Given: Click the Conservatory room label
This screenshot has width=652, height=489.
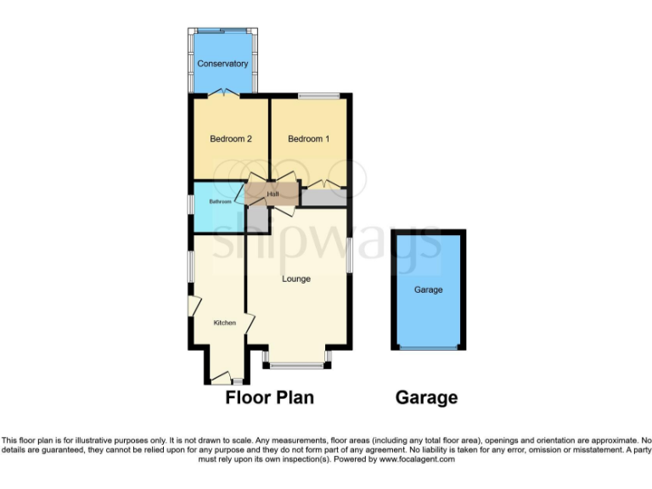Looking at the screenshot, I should pos(222,64).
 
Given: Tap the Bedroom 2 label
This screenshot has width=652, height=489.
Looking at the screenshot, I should pos(231,139).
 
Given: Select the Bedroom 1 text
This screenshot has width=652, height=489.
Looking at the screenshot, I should pos(308,139).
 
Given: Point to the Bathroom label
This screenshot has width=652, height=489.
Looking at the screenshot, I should pos(221,202).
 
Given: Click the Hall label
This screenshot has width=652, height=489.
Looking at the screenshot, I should pos(273,194).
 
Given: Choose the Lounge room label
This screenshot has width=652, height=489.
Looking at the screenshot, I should pos(296,278).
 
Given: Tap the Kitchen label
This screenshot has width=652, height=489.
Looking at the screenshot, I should pos(224,323).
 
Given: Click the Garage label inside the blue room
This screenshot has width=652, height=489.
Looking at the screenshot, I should pos(428,289).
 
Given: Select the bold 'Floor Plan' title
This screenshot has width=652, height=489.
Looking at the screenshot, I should pos(269,397).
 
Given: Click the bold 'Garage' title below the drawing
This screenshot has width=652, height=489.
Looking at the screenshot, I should pos(426,397).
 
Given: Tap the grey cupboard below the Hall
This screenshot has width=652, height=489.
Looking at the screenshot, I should pos(257,219).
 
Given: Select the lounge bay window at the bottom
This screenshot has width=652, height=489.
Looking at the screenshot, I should pos(296,366).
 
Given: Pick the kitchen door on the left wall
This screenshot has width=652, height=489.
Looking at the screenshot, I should pos(193,306).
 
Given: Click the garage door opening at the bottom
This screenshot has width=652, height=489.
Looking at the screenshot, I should pos(428,348).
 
